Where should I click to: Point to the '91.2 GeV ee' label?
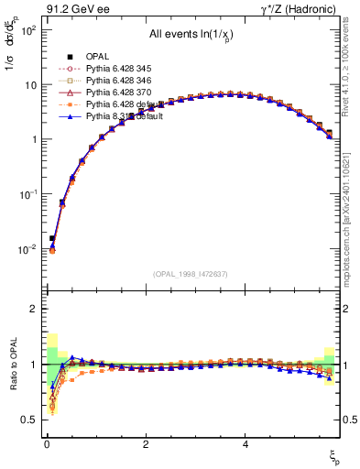76,9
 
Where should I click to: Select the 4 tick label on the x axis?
245,443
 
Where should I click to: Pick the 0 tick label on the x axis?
46,443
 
